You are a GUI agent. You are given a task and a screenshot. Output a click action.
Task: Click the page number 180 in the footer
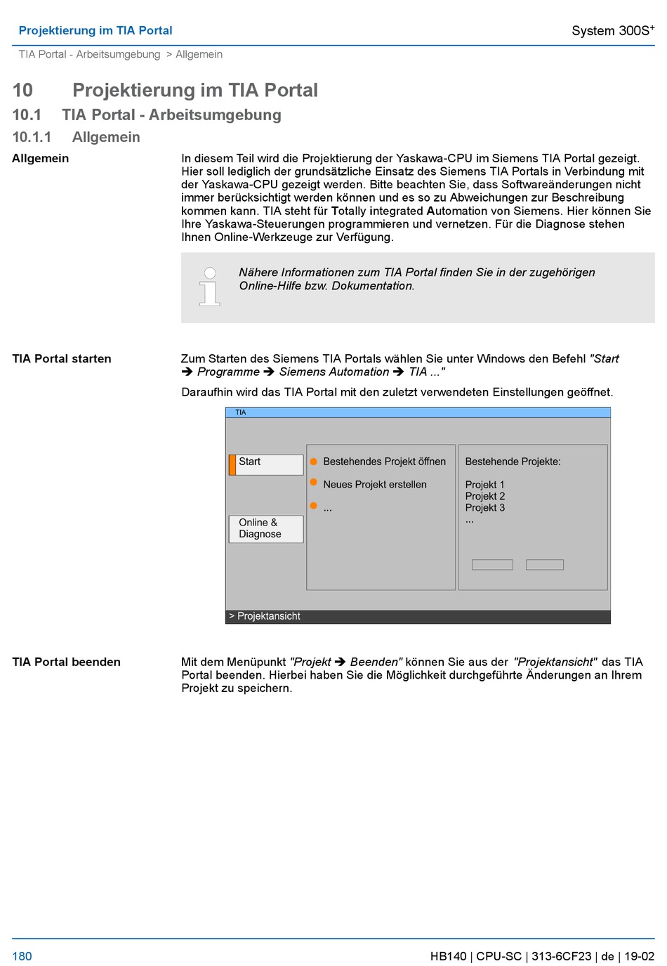click(x=22, y=956)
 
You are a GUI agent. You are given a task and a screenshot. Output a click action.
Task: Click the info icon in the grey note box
click(x=209, y=287)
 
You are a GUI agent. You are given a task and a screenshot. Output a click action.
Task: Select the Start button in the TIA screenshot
click(x=266, y=464)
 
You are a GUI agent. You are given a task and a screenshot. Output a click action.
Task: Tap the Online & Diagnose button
click(x=266, y=528)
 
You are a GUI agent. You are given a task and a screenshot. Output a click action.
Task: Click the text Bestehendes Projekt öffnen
click(x=384, y=462)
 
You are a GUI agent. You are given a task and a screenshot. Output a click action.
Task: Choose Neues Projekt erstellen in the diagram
click(x=375, y=485)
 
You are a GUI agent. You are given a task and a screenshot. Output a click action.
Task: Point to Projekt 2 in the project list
click(x=485, y=496)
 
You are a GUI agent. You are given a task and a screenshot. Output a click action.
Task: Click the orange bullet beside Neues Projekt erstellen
click(x=314, y=483)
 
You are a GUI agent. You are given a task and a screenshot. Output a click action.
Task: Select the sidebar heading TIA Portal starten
click(x=62, y=359)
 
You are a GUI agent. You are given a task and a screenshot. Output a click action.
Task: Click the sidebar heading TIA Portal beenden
click(x=66, y=662)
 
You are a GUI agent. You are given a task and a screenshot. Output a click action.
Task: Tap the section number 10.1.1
click(x=32, y=137)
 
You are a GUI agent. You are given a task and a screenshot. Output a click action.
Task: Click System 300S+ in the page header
click(x=612, y=30)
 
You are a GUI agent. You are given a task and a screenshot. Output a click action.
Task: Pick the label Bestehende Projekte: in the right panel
click(x=513, y=462)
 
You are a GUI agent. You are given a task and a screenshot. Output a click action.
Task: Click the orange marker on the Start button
click(x=232, y=464)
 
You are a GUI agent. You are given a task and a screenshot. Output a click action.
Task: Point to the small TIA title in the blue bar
click(x=241, y=412)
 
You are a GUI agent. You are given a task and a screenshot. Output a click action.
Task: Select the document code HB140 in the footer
click(x=448, y=956)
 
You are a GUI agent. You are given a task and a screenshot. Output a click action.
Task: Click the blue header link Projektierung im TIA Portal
click(x=95, y=30)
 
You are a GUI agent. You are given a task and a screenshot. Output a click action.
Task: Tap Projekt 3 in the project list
click(x=485, y=508)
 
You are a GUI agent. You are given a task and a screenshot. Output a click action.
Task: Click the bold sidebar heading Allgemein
click(x=40, y=159)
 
